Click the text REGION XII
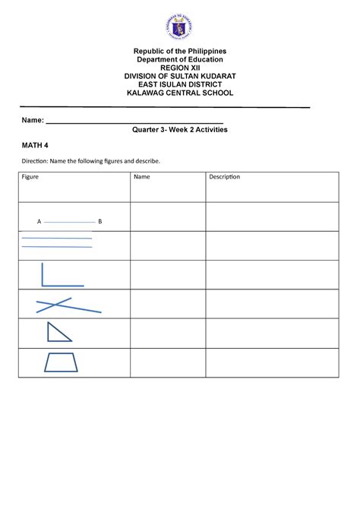[x=180, y=67]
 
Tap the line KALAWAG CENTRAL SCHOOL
[x=180, y=93]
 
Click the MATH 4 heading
[x=34, y=144]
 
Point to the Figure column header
[x=31, y=177]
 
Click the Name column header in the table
[x=142, y=177]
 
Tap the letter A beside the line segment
[x=39, y=222]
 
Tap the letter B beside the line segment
[x=99, y=222]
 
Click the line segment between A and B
[x=69, y=222]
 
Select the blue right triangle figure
[x=58, y=332]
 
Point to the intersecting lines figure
[x=67, y=305]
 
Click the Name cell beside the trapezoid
[x=167, y=362]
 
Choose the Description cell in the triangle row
[x=271, y=333]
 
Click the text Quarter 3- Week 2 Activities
[x=180, y=130]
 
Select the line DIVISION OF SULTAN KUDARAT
[x=180, y=75]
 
